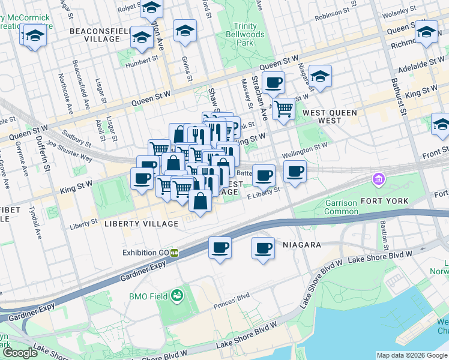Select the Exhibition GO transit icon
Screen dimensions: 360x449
click(174, 253)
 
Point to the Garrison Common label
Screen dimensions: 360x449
click(341, 207)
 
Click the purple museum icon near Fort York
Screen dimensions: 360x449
click(379, 179)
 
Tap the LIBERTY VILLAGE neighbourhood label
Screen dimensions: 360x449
click(141, 224)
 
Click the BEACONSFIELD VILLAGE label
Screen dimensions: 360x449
click(95, 34)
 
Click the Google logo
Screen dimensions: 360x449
click(20, 353)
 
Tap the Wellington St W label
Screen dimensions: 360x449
click(304, 149)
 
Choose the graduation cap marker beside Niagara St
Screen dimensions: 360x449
click(321, 77)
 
